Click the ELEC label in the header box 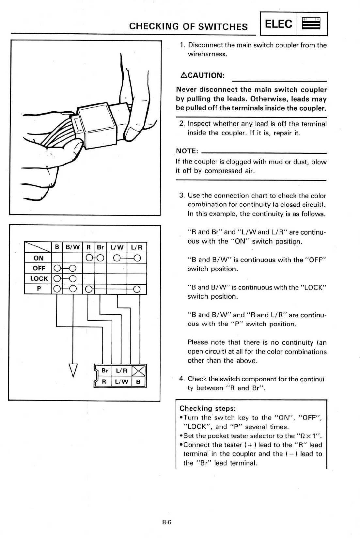coord(278,24)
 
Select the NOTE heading coord(187,151)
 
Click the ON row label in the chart coord(38,258)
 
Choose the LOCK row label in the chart coord(39,279)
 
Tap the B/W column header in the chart coord(72,247)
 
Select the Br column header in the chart coord(100,247)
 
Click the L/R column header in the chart coord(137,247)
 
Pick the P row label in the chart coord(38,289)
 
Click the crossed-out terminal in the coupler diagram coord(139,371)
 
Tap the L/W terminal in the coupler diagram coord(122,381)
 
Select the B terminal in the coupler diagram coord(138,381)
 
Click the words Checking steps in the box coord(208,408)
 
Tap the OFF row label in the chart coord(39,268)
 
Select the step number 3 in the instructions coord(181,196)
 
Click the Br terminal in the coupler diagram coord(105,371)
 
